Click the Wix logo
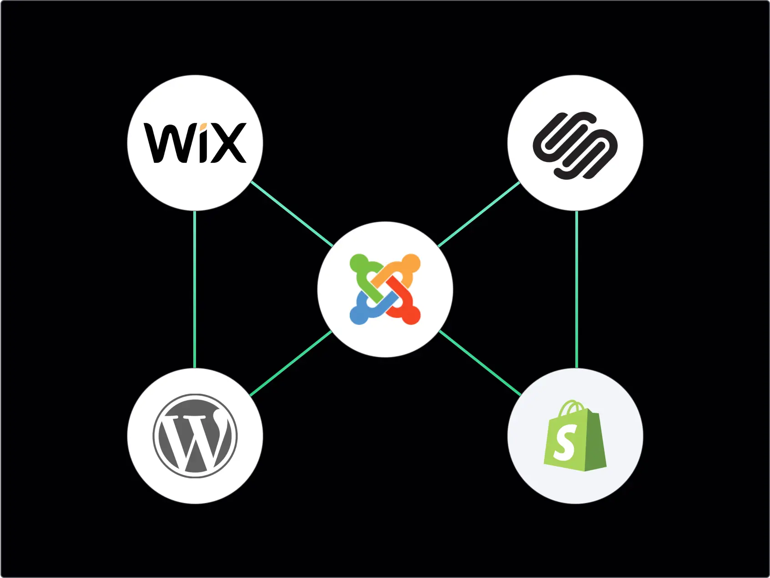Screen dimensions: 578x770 pyautogui.click(x=195, y=143)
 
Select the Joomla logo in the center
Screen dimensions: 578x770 pyautogui.click(x=385, y=289)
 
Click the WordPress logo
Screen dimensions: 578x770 pyautogui.click(x=195, y=436)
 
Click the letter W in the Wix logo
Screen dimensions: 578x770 pyautogui.click(x=166, y=143)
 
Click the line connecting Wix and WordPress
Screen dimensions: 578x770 pyautogui.click(x=195, y=289)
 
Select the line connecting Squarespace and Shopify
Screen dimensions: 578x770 pyautogui.click(x=577, y=289)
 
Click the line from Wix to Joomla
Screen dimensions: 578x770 pyautogui.click(x=292, y=214)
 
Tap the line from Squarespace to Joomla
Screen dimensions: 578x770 pyautogui.click(x=478, y=214)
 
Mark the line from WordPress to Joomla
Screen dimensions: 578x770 pyautogui.click(x=291, y=363)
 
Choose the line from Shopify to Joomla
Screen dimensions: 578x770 pyautogui.click(x=480, y=363)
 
